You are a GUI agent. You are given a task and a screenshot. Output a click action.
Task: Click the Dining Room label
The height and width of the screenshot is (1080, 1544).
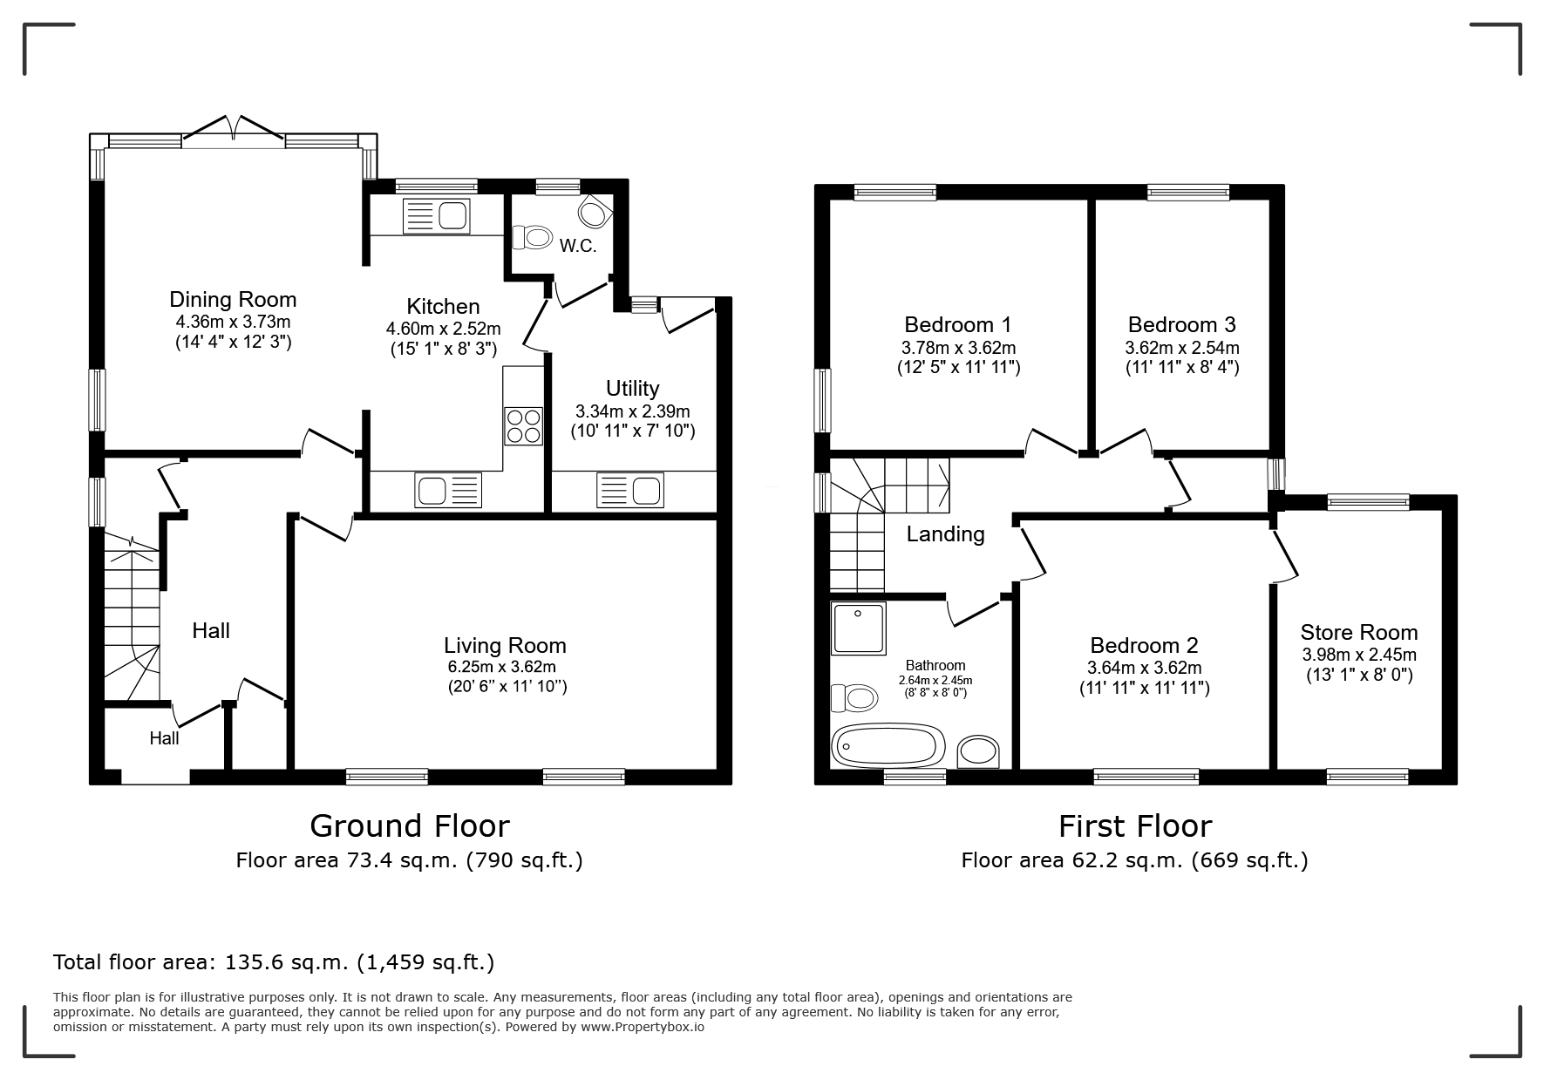click(x=233, y=300)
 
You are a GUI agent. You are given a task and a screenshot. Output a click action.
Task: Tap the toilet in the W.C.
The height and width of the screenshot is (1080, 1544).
click(x=533, y=236)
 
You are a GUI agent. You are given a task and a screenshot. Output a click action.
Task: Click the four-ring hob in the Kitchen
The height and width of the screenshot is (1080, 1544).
click(x=523, y=426)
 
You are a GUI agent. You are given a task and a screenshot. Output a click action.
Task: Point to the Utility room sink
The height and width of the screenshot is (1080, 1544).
click(x=629, y=490)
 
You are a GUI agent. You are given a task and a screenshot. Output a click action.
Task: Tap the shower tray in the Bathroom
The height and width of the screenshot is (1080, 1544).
click(x=858, y=628)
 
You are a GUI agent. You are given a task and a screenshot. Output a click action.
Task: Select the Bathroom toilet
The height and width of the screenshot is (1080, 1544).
click(x=854, y=697)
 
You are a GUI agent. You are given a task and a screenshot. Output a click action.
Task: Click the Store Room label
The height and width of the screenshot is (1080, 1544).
click(x=1358, y=632)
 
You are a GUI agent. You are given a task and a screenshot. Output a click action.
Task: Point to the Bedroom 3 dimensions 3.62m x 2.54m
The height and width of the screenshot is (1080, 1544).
click(x=1181, y=347)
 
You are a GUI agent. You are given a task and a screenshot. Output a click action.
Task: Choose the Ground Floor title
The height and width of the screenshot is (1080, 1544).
click(x=410, y=825)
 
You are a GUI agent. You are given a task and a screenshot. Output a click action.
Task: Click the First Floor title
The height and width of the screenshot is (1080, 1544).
click(x=1135, y=825)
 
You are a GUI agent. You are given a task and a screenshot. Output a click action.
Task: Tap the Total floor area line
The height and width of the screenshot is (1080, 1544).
click(x=274, y=962)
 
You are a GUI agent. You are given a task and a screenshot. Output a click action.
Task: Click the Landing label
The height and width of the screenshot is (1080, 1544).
click(x=945, y=533)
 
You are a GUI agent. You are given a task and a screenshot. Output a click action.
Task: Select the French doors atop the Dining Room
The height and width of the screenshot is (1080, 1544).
click(x=233, y=128)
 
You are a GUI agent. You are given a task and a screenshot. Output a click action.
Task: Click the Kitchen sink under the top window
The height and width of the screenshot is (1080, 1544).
click(x=436, y=215)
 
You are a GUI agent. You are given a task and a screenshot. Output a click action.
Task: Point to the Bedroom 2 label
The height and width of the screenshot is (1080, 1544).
click(x=1144, y=645)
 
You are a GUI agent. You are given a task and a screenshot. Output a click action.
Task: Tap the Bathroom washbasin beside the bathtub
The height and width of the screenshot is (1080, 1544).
click(x=978, y=751)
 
